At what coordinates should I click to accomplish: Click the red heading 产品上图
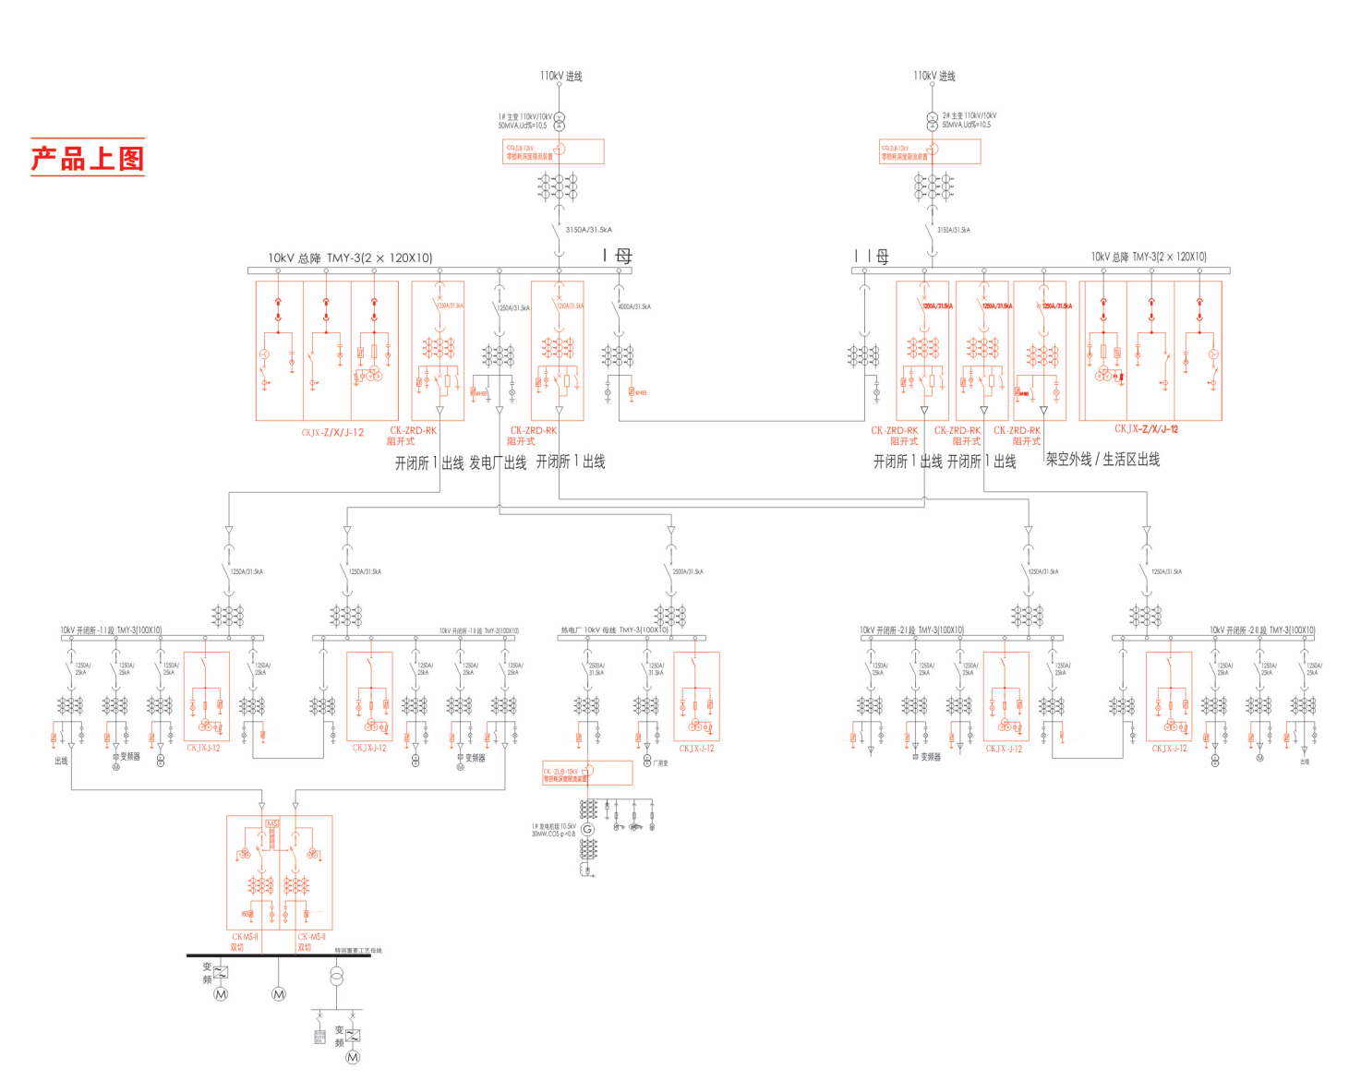[88, 158]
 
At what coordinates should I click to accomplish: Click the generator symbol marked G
[587, 829]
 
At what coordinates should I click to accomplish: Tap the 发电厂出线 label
[498, 462]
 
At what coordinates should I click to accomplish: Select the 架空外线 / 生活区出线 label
[1102, 459]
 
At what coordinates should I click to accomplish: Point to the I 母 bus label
[618, 256]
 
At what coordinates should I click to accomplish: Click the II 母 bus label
[872, 256]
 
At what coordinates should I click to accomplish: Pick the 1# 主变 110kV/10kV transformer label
[524, 121]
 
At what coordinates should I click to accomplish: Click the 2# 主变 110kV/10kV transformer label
[969, 120]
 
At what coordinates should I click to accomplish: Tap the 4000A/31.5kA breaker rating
[635, 306]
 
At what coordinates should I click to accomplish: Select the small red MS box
[271, 823]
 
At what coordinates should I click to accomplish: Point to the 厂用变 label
[660, 763]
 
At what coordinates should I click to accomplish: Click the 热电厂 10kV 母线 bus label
[614, 630]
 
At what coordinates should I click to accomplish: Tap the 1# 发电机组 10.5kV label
[553, 830]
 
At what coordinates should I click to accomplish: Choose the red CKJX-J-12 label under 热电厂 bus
[696, 749]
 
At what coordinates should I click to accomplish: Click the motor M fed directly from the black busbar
[279, 994]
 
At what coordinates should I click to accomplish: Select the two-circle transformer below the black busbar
[337, 976]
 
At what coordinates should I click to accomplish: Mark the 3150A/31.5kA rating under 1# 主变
[588, 230]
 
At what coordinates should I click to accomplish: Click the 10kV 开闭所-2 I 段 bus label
[911, 630]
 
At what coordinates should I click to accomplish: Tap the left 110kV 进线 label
[561, 76]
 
